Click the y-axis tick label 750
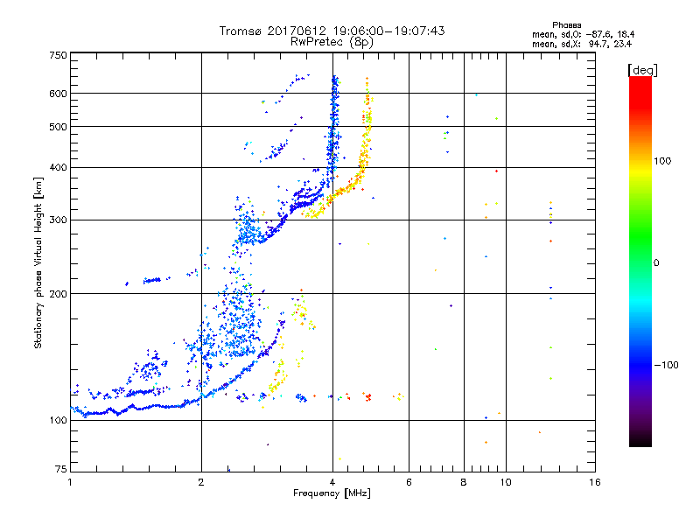tap(59, 54)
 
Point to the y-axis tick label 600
tap(59, 94)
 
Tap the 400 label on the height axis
tap(59, 167)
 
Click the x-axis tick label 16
tap(594, 482)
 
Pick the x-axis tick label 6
tap(409, 482)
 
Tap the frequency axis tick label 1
tap(70, 482)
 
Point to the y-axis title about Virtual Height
tap(38, 262)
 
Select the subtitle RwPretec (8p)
tap(332, 41)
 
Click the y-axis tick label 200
tap(59, 294)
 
